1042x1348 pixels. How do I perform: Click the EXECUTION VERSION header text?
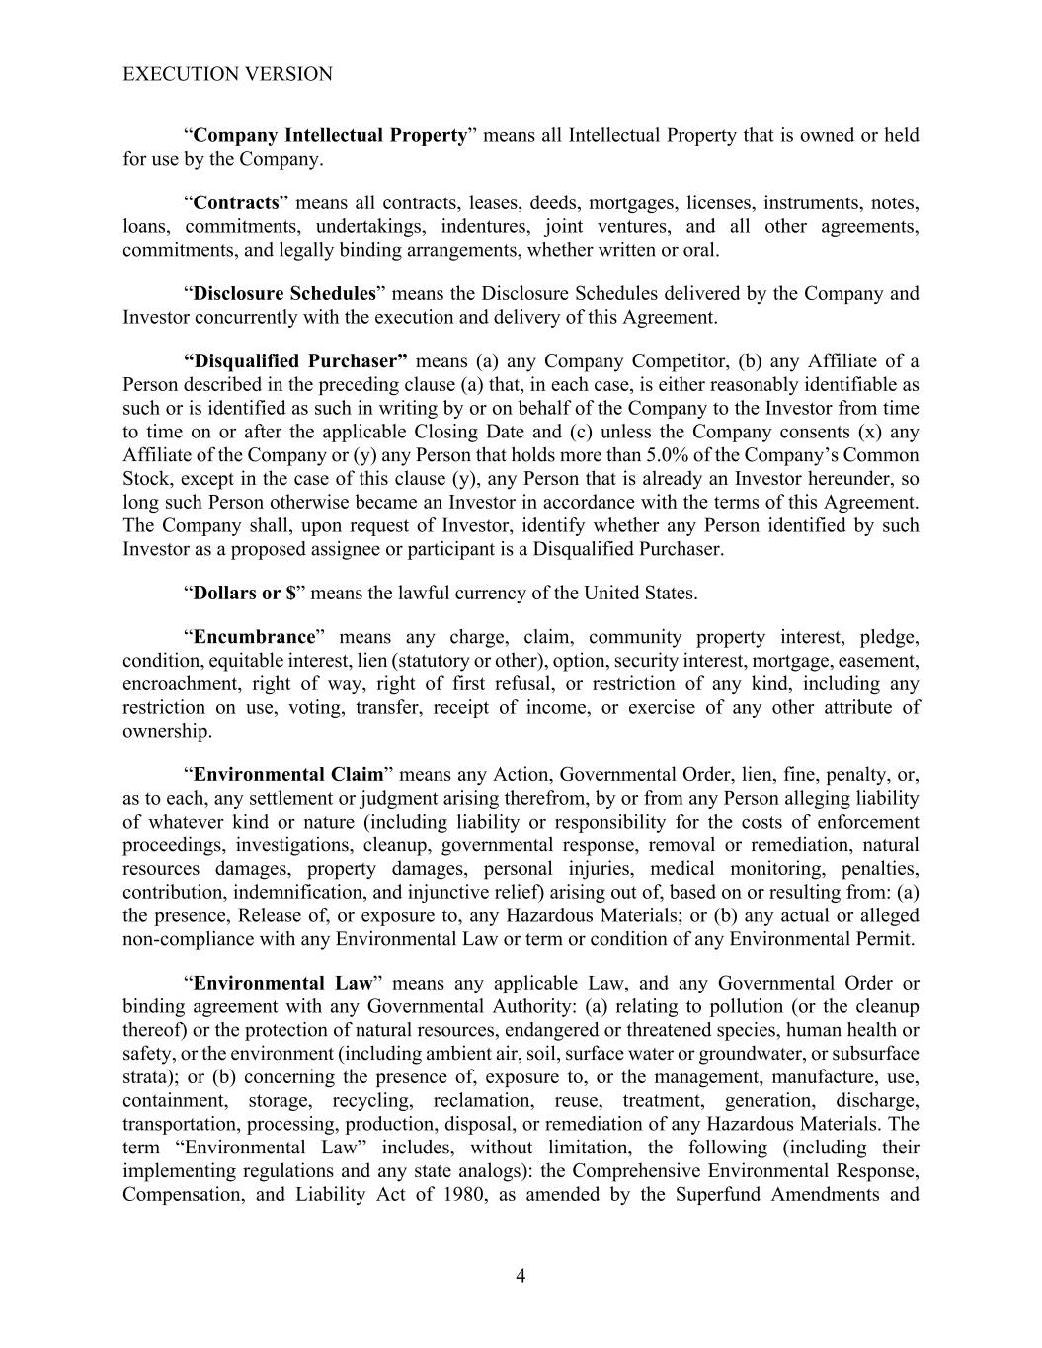(x=227, y=74)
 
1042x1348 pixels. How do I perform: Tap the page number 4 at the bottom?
(x=521, y=1276)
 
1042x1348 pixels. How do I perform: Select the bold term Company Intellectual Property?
(x=330, y=135)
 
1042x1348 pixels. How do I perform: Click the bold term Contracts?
(x=236, y=203)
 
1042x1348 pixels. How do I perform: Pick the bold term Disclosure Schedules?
(x=284, y=294)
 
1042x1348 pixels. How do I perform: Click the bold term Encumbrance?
(x=254, y=637)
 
